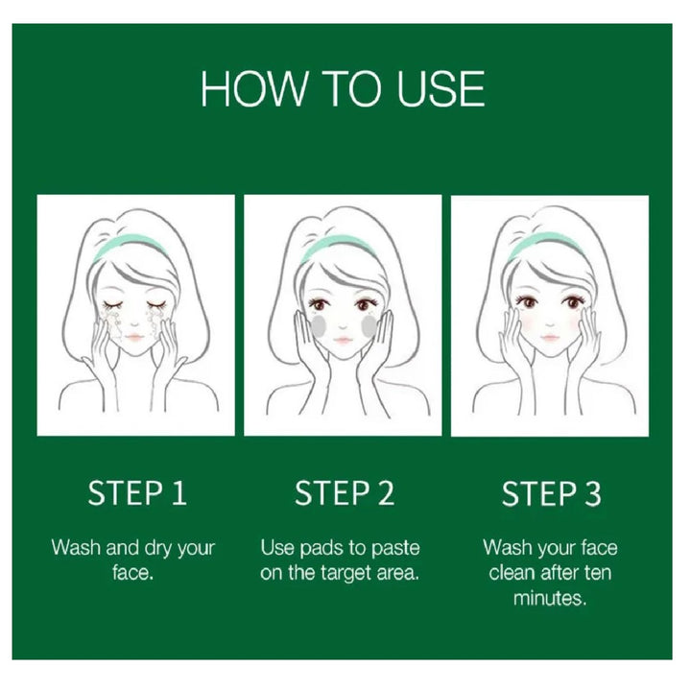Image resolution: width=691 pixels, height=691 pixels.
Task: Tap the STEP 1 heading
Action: coord(137,492)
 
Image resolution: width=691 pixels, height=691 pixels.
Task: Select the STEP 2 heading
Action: coord(345,492)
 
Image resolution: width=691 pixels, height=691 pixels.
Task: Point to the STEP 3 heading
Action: coord(551,493)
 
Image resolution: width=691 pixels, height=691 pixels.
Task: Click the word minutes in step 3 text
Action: coord(550,598)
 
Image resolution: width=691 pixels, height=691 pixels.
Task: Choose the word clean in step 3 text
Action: coord(512,573)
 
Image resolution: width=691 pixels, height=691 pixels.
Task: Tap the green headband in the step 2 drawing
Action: coord(339,247)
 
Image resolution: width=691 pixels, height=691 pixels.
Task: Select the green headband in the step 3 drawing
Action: coord(545,247)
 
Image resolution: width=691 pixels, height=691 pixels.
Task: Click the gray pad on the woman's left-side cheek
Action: coord(319,325)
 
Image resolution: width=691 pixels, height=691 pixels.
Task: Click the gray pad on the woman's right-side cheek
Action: coord(369,325)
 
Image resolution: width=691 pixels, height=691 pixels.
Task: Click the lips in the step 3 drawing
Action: coord(549,338)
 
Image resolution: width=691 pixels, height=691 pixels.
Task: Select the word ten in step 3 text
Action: coord(598,573)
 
